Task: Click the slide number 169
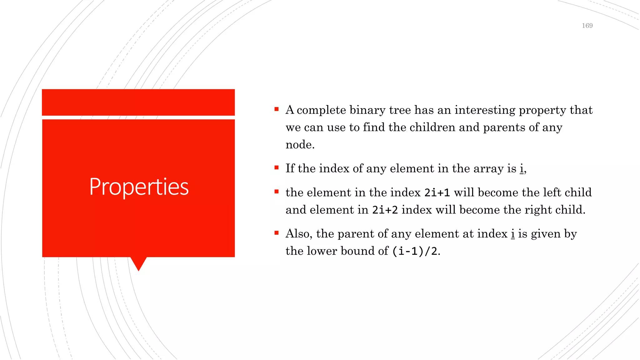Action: tap(587, 26)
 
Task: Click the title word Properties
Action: tap(139, 187)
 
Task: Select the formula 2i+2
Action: tap(385, 210)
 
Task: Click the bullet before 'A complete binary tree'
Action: tap(277, 109)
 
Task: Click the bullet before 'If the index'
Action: tap(277, 168)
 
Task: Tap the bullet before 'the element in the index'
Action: tap(277, 192)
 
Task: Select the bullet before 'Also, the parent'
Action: tap(277, 233)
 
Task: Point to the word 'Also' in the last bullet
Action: tap(298, 233)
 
